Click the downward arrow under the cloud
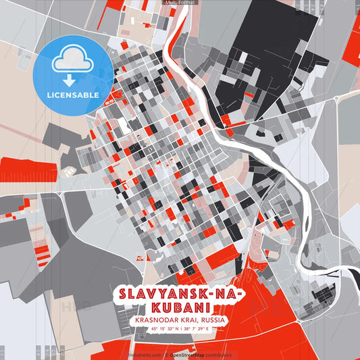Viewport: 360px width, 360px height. [x=70, y=79]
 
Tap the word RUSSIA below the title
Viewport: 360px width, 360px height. [x=213, y=321]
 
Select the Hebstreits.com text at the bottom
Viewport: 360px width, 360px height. [x=143, y=354]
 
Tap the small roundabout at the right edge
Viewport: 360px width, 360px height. [x=336, y=99]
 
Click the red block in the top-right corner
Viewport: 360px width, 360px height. [x=351, y=41]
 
